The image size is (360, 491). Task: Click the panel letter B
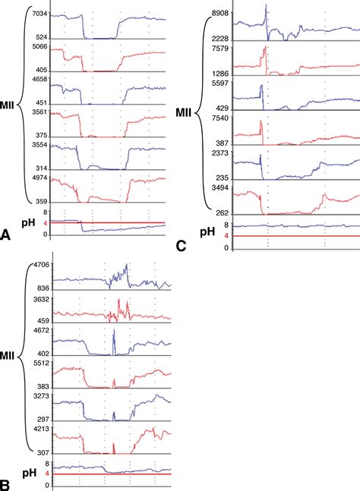(x=7, y=482)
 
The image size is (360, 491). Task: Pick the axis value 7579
(x=220, y=49)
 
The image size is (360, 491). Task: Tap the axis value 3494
(x=220, y=187)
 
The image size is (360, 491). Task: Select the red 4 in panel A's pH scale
(x=46, y=223)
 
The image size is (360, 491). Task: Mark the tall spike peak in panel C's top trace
(x=267, y=6)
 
